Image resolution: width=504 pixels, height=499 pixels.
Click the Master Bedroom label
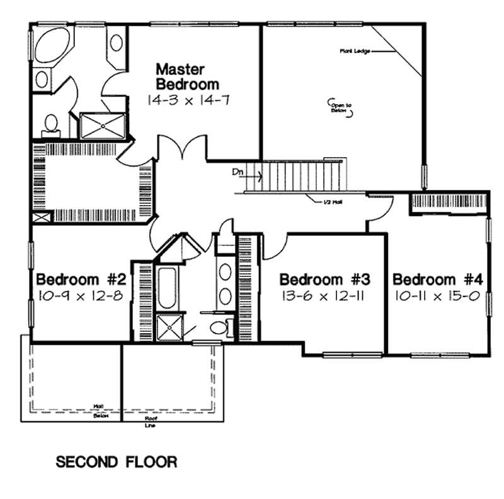click(187, 76)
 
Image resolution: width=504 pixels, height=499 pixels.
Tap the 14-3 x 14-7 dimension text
click(187, 99)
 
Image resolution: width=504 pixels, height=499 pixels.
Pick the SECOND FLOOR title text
click(117, 462)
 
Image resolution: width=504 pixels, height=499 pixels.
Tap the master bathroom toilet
click(50, 124)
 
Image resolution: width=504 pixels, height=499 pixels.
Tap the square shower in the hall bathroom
click(168, 327)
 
